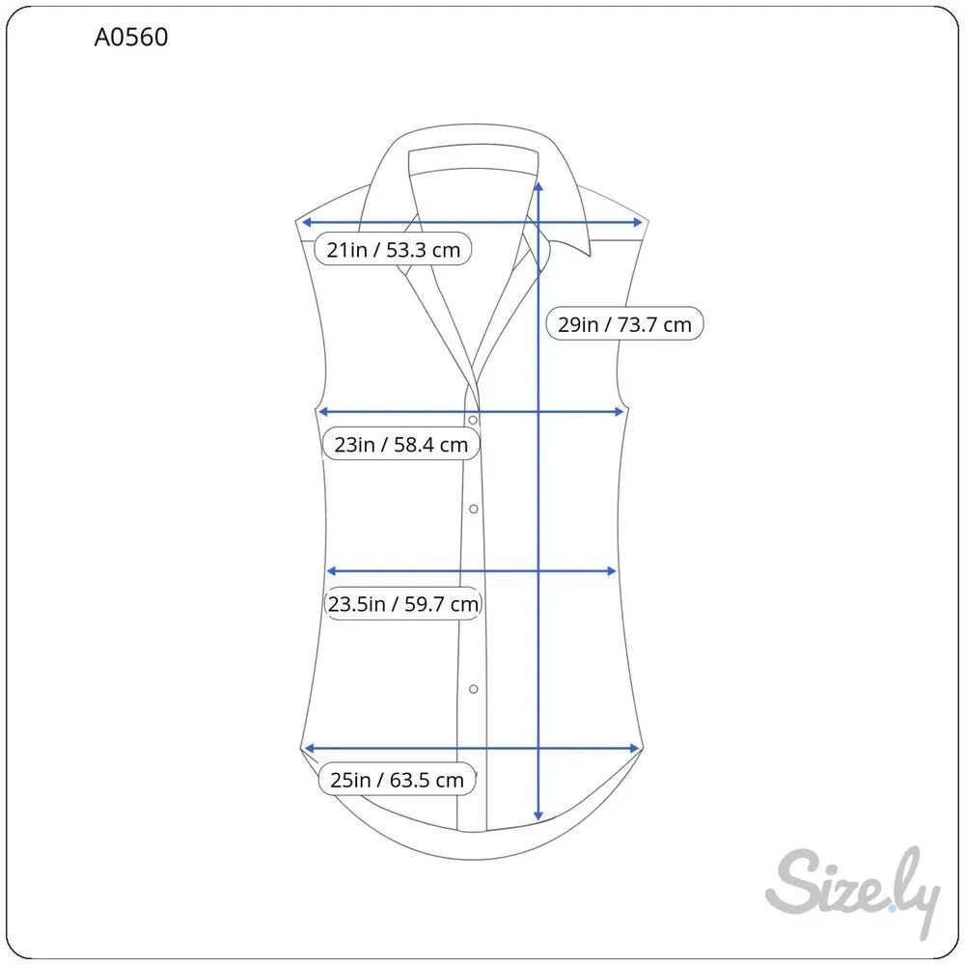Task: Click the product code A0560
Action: pyautogui.click(x=131, y=37)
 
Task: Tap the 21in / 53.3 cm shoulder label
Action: pyautogui.click(x=394, y=249)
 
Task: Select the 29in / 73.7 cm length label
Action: pyautogui.click(x=624, y=323)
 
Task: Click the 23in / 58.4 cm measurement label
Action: pyautogui.click(x=401, y=444)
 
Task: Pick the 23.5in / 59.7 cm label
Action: pyautogui.click(x=403, y=604)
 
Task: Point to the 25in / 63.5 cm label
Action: pyautogui.click(x=397, y=780)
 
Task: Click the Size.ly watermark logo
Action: pyautogui.click(x=853, y=891)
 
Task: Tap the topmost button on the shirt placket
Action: pyautogui.click(x=473, y=421)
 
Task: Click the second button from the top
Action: pyautogui.click(x=473, y=509)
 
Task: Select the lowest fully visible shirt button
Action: pyautogui.click(x=473, y=689)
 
